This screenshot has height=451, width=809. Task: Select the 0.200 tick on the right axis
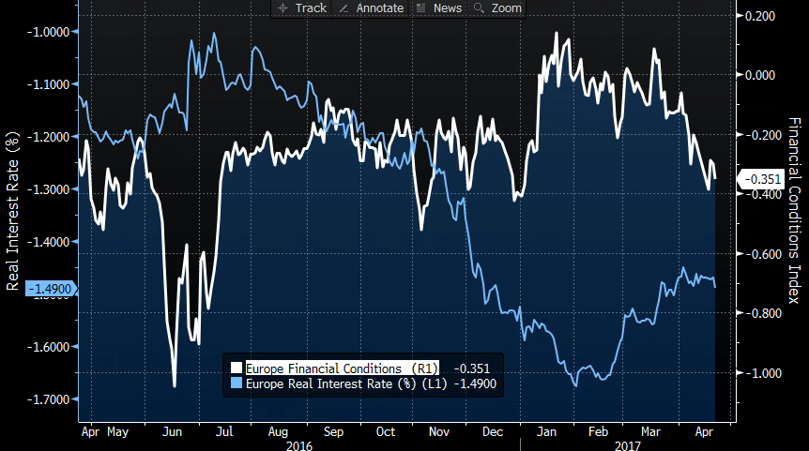(x=758, y=16)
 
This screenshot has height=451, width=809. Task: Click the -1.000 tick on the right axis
(x=758, y=373)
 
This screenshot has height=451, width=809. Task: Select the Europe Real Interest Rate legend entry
(x=343, y=383)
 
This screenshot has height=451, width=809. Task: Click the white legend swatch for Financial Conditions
(x=237, y=368)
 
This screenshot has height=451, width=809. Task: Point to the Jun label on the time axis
(x=173, y=434)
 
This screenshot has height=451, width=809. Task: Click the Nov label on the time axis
(x=439, y=434)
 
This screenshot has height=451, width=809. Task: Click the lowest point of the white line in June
(x=175, y=385)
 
